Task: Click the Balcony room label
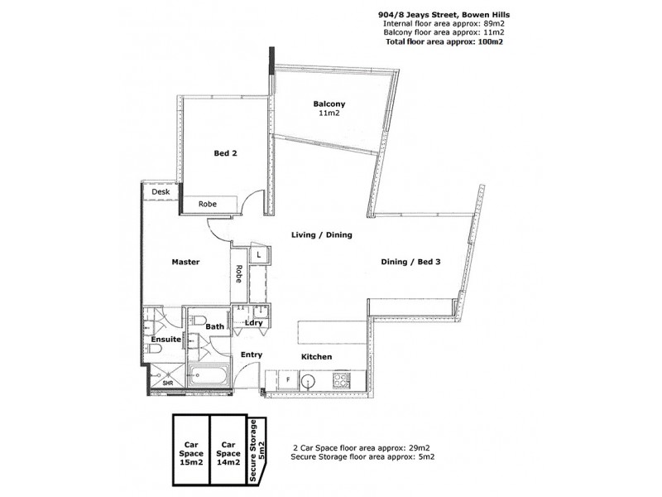pyautogui.click(x=329, y=104)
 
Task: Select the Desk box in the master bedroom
pyautogui.click(x=161, y=191)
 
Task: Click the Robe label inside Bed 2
pyautogui.click(x=207, y=204)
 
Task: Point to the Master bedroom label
pyautogui.click(x=186, y=262)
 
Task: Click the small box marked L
pyautogui.click(x=259, y=254)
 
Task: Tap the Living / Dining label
pyautogui.click(x=322, y=235)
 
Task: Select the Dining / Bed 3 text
pyautogui.click(x=410, y=262)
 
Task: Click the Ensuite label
pyautogui.click(x=165, y=340)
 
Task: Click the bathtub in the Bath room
pyautogui.click(x=209, y=377)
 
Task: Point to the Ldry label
pyautogui.click(x=252, y=323)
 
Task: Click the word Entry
pyautogui.click(x=252, y=355)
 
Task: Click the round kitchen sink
pyautogui.click(x=307, y=380)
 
